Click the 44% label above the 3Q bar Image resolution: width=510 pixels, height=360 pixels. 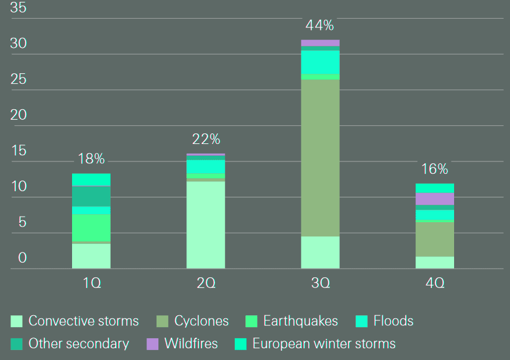320,25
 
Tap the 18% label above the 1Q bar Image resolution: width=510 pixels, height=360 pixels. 91,158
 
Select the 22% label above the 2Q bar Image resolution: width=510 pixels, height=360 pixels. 206,139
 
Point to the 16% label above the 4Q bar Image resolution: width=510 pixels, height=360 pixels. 434,169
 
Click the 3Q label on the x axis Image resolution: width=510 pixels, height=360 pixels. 320,283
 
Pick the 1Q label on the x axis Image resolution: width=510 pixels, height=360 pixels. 91,283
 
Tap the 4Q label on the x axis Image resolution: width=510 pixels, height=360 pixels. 434,283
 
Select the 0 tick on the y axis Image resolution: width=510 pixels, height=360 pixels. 22,258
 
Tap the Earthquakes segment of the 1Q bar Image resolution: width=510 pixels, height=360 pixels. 91,228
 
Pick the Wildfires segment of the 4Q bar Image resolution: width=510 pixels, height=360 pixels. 434,199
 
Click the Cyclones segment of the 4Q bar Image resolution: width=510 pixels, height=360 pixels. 434,239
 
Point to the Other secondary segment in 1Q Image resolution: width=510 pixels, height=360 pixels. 91,196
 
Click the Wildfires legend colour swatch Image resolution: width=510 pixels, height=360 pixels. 153,343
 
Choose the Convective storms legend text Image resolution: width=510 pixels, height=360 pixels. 83,321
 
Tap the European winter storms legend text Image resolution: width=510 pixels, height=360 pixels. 324,343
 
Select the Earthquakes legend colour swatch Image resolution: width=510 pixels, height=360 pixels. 252,321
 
